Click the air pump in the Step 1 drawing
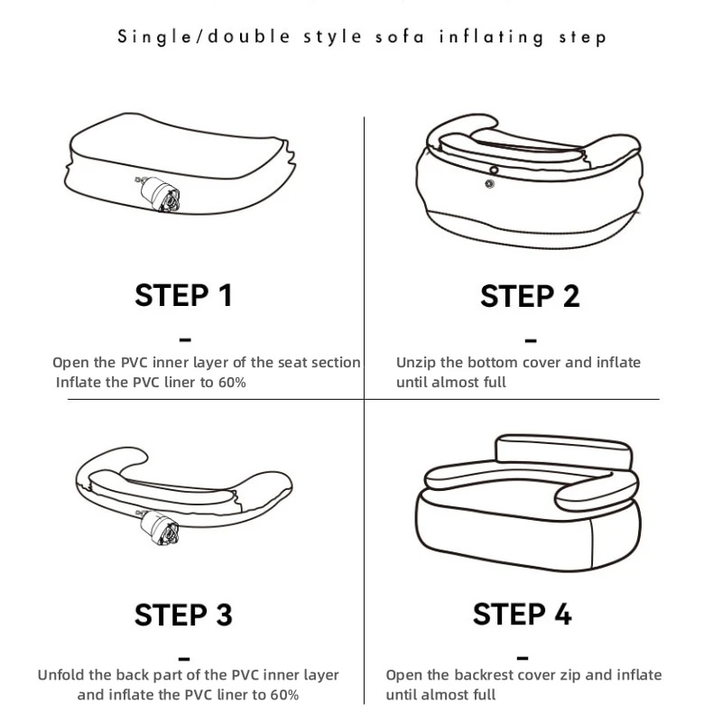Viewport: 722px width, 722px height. click(159, 194)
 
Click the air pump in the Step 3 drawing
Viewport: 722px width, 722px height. click(159, 527)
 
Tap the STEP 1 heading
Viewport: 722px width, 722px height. click(183, 295)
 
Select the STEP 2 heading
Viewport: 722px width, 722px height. click(530, 296)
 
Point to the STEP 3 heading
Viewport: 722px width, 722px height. click(183, 615)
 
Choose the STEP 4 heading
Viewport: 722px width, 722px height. click(523, 615)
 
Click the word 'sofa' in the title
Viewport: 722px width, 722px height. click(400, 37)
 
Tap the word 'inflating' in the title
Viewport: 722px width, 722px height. click(491, 37)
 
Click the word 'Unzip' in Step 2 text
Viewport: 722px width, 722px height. click(416, 363)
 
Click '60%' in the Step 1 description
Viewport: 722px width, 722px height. click(232, 382)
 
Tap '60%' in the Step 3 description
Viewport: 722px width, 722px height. click(285, 694)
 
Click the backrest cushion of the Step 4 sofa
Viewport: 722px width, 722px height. click(563, 452)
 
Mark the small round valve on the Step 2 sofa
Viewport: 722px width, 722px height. click(489, 184)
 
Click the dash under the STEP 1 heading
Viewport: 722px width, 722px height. click(185, 340)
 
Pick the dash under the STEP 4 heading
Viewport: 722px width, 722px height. click(523, 658)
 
